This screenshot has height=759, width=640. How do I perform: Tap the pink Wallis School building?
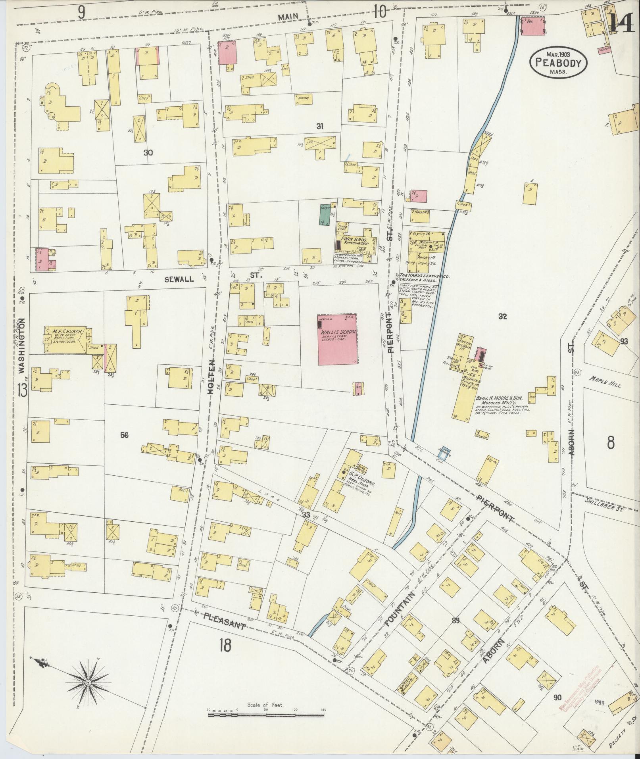(x=337, y=340)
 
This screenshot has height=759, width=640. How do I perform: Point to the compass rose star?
(x=88, y=682)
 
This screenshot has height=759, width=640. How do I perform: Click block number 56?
(x=125, y=435)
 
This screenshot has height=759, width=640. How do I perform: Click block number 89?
(x=455, y=621)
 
